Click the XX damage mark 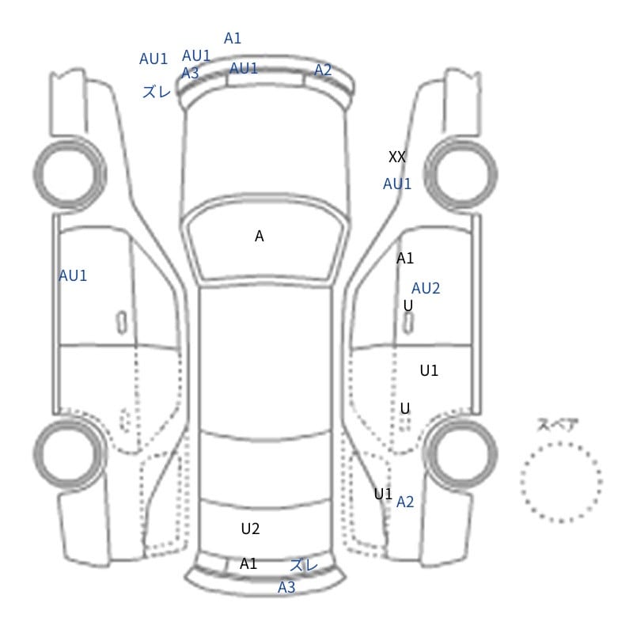point(397,157)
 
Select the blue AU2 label point(426,288)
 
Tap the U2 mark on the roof point(250,529)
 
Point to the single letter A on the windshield point(260,236)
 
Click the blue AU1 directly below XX point(397,184)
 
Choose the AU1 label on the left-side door point(73,275)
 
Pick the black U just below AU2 point(408,305)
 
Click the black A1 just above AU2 point(405,258)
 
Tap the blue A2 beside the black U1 point(405,502)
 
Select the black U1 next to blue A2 point(383,493)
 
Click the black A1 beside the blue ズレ point(248,563)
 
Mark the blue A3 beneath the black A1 point(286,587)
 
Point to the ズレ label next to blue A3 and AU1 point(157,92)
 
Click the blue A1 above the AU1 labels point(233,38)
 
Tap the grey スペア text point(552,424)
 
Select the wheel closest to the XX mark point(461,174)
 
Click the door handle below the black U point(408,324)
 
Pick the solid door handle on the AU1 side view point(122,323)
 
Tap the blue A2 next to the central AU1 point(323,70)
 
